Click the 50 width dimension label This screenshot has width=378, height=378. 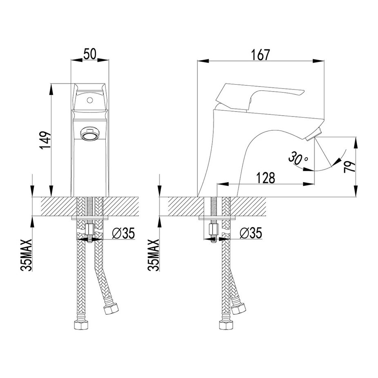pos(89,54)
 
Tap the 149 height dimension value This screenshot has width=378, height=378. pos(45,140)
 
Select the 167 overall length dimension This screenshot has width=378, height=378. pos(260,55)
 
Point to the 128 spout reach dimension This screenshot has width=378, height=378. pos(265,178)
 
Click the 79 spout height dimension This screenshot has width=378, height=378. pos(349,167)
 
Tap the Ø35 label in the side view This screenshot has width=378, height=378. pos(251,233)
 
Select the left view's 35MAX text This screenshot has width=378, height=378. pos(27,255)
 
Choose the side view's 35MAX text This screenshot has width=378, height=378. pos(154,255)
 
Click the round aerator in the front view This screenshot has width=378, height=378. pos(89,134)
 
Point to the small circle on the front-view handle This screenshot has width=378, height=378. pos(90,100)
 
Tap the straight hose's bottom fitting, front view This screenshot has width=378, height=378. pos(81,325)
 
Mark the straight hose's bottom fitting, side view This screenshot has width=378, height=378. pos(226,325)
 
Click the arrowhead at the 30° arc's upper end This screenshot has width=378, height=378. pos(338,161)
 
